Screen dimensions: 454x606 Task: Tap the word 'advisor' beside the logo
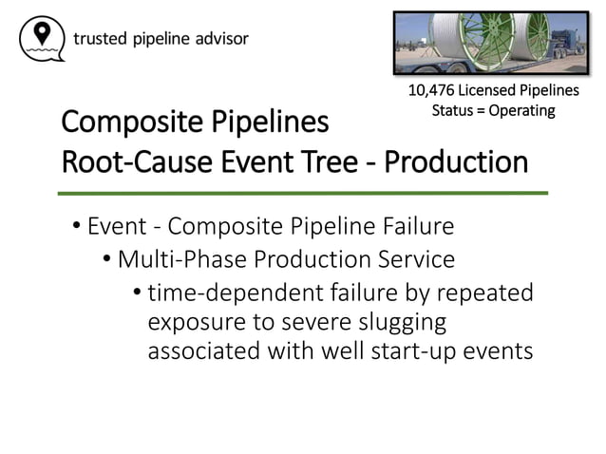(x=222, y=39)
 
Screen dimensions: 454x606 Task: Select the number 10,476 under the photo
(x=432, y=91)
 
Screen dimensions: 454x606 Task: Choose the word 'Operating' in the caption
(x=521, y=111)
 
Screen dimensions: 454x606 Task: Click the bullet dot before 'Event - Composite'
(x=75, y=228)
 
